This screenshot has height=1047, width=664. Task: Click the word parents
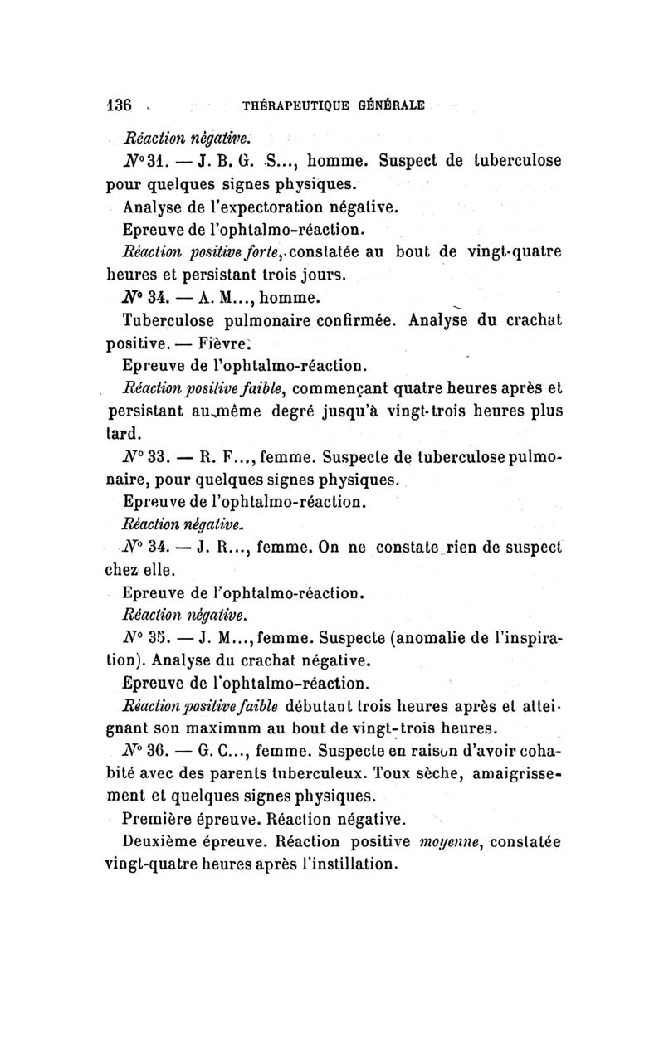pyautogui.click(x=266, y=776)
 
